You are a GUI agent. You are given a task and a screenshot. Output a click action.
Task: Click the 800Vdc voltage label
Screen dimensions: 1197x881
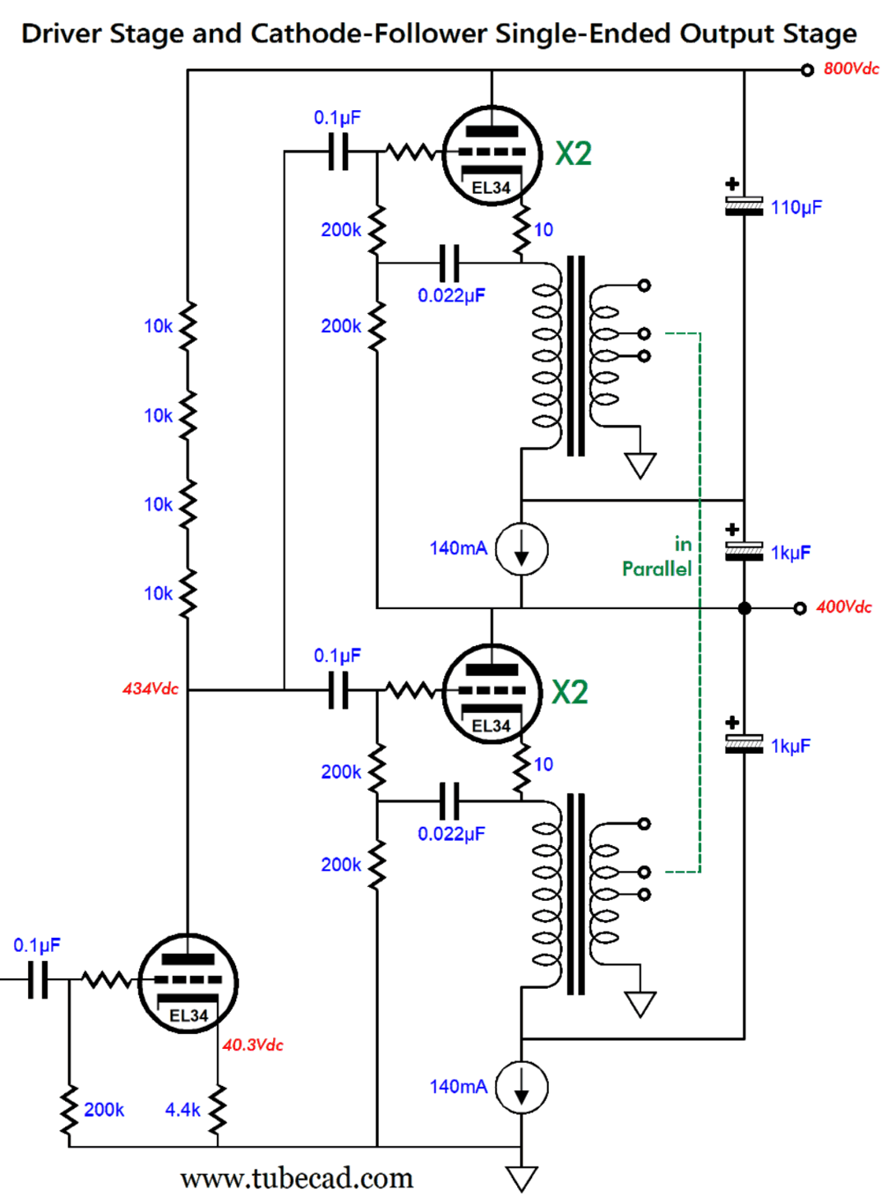tap(850, 69)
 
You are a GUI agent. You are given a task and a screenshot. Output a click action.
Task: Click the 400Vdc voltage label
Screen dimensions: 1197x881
tap(843, 606)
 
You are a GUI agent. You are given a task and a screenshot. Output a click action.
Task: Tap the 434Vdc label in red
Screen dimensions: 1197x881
tap(150, 688)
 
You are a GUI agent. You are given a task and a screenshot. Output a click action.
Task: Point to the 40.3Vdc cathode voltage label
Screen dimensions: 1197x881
tap(253, 1045)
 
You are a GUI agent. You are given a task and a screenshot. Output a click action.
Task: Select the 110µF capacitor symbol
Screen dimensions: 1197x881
tap(744, 206)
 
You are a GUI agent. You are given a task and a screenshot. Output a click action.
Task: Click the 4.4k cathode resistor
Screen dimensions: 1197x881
tap(217, 1110)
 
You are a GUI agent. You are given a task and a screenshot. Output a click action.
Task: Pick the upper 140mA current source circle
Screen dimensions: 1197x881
tap(522, 549)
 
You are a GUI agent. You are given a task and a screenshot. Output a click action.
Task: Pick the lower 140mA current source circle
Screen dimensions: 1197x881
tap(522, 1087)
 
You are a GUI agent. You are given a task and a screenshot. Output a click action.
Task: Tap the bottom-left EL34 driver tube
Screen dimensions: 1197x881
tap(188, 983)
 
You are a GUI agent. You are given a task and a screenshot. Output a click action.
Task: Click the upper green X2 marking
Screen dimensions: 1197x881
tap(573, 153)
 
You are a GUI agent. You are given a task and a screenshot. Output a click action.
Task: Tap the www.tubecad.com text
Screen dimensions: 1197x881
tap(296, 1178)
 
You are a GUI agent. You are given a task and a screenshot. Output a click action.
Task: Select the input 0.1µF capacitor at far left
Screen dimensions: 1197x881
tap(38, 979)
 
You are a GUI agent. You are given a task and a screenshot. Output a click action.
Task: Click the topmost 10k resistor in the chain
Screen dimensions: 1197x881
tap(187, 326)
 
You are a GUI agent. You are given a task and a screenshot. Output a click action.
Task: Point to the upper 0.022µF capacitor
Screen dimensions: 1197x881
tap(449, 261)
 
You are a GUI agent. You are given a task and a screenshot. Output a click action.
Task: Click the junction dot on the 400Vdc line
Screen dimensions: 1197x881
tap(744, 608)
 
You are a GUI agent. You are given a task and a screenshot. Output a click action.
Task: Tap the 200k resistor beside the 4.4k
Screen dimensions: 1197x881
tap(69, 1110)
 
